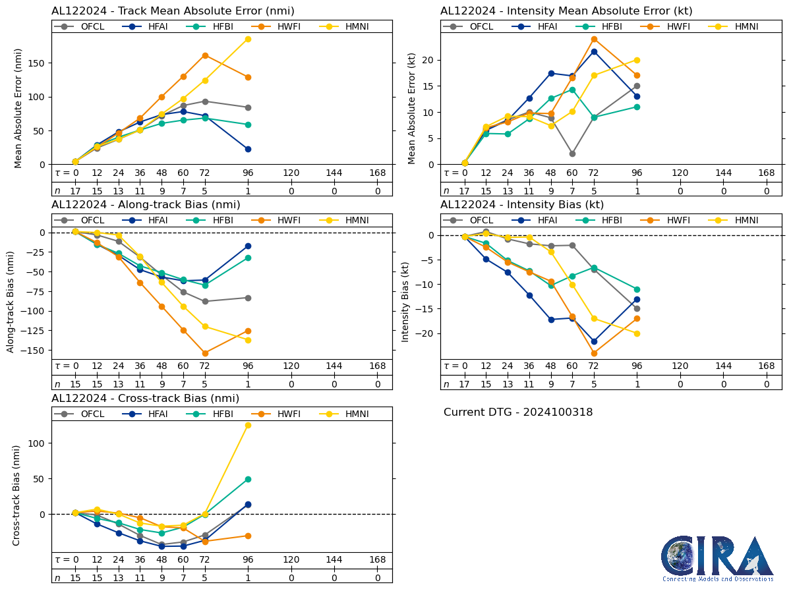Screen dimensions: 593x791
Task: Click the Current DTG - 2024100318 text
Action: (518, 412)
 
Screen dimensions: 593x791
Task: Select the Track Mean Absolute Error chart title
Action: (173, 11)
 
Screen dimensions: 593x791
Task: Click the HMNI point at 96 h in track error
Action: (248, 39)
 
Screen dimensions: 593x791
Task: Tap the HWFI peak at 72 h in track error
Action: (205, 55)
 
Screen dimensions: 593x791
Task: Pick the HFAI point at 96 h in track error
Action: (248, 149)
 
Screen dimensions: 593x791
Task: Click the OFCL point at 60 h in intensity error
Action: (572, 154)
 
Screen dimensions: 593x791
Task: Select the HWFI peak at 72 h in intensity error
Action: (594, 39)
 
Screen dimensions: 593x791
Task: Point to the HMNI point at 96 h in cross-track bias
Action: (248, 425)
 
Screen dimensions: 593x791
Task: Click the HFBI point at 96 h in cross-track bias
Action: (248, 479)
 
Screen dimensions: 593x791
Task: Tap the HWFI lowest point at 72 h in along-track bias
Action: (205, 353)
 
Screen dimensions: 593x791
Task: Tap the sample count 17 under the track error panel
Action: (75, 191)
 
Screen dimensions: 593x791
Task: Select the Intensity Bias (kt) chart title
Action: (522, 204)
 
